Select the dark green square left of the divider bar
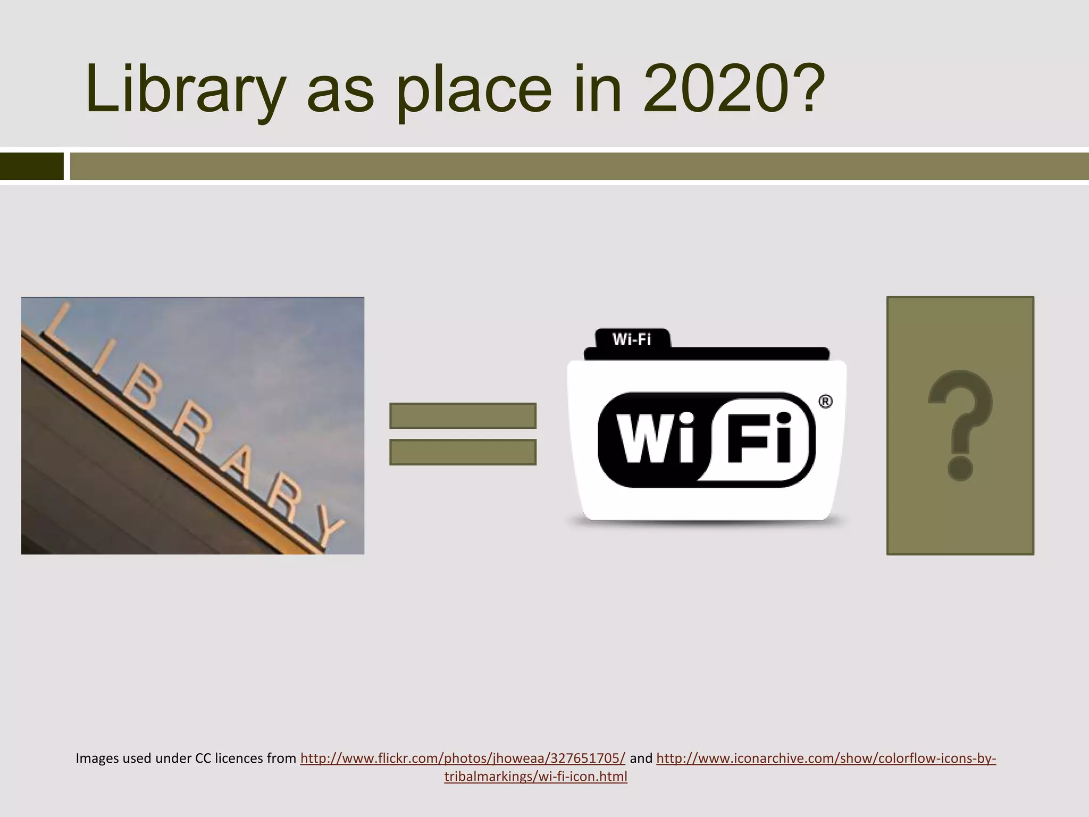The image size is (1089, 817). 32,166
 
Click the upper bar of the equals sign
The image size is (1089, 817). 463,416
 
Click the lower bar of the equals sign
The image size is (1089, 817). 463,452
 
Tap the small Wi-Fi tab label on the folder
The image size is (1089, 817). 632,339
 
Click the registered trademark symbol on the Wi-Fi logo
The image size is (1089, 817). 825,402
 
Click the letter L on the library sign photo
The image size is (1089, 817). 58,322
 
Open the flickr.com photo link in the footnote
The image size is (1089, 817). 463,758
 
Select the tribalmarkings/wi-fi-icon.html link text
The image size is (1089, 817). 535,777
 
